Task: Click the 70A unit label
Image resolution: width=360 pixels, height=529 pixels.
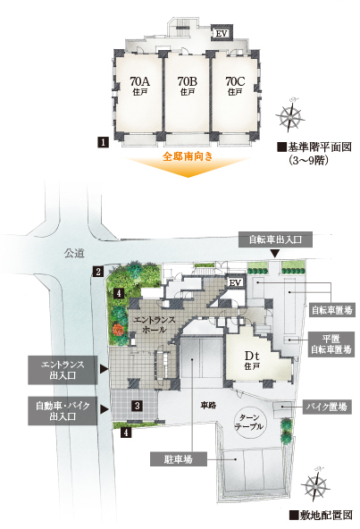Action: pyautogui.click(x=139, y=86)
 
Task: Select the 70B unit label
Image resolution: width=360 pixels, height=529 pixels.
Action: pyautogui.click(x=188, y=86)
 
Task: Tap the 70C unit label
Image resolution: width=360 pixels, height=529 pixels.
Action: pyautogui.click(x=235, y=86)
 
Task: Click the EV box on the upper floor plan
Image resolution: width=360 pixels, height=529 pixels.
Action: pyautogui.click(x=221, y=33)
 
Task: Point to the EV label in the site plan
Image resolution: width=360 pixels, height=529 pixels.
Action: pyautogui.click(x=235, y=282)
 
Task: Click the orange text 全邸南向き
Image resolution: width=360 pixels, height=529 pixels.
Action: pyautogui.click(x=188, y=156)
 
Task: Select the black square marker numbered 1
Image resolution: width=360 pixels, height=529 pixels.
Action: pyautogui.click(x=104, y=142)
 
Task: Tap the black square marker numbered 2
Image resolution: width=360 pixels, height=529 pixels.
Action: pyautogui.click(x=98, y=271)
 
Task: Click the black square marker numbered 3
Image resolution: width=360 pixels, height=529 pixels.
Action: pyautogui.click(x=137, y=405)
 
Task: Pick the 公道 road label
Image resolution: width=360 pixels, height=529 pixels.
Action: pyautogui.click(x=74, y=253)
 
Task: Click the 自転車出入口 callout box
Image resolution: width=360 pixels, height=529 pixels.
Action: pyautogui.click(x=275, y=239)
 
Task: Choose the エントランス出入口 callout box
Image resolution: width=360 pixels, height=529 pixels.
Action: pyautogui.click(x=63, y=370)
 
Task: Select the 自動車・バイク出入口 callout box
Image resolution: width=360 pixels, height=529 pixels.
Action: pyautogui.click(x=63, y=410)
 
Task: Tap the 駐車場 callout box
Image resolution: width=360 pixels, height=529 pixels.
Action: pyautogui.click(x=179, y=459)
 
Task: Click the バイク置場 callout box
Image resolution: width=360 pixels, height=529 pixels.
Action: pyautogui.click(x=327, y=407)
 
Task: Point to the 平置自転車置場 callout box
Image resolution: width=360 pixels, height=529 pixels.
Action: pyautogui.click(x=331, y=344)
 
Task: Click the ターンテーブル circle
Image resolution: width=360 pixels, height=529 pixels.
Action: pyautogui.click(x=250, y=422)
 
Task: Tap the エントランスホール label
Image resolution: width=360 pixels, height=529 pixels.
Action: pyautogui.click(x=155, y=324)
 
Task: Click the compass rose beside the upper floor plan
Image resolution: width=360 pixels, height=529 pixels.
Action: pyautogui.click(x=290, y=114)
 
